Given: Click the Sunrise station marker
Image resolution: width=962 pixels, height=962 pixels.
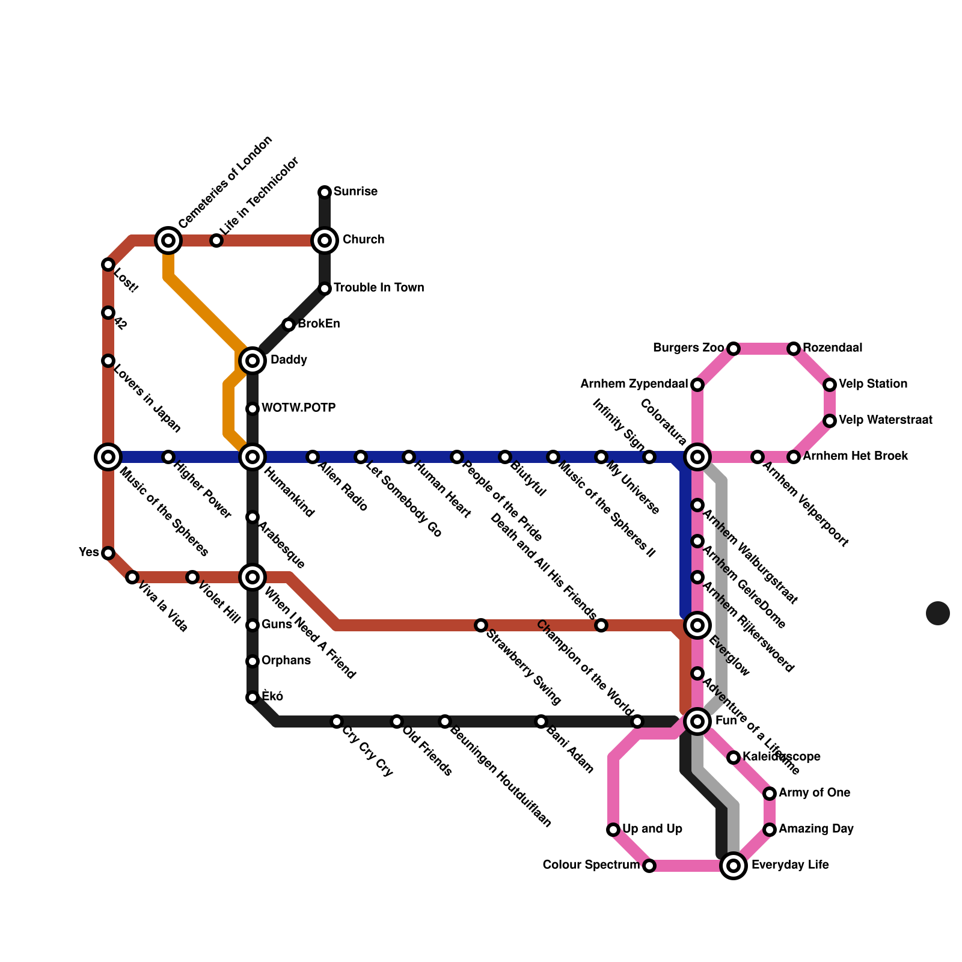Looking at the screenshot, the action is click(x=325, y=192).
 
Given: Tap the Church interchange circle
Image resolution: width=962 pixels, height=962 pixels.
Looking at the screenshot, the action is click(x=325, y=240).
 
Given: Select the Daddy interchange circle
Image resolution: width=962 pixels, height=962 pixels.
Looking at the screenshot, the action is click(x=253, y=361).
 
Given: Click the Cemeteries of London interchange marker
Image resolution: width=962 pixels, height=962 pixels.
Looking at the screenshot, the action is click(x=168, y=240).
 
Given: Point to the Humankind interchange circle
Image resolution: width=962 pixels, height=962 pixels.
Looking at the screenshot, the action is click(x=253, y=457).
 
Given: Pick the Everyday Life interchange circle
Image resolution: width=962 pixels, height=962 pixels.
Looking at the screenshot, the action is click(x=734, y=866).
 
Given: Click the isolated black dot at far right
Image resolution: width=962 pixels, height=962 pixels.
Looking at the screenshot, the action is click(x=938, y=613).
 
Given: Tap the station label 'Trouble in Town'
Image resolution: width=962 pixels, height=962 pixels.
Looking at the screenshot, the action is click(x=379, y=288).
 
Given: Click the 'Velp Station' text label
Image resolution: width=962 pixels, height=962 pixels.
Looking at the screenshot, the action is click(x=873, y=384).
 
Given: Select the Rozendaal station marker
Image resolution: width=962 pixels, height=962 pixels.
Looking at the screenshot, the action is click(x=794, y=349).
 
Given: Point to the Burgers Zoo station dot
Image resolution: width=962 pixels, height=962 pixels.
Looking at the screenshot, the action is click(x=734, y=349).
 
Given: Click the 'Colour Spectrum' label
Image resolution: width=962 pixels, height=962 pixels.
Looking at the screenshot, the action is click(x=590, y=865).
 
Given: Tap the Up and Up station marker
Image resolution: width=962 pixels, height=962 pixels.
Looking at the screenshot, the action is click(x=613, y=830).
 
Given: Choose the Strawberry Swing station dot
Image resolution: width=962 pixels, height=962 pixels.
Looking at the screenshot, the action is click(x=481, y=625).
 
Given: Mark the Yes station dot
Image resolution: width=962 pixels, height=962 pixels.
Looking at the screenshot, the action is click(x=108, y=553).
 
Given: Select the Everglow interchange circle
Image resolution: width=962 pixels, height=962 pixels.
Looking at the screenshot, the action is click(x=697, y=625).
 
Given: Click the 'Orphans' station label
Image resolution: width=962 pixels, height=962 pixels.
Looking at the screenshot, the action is click(x=286, y=661).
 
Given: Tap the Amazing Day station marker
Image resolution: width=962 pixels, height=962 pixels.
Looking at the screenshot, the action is click(x=770, y=830).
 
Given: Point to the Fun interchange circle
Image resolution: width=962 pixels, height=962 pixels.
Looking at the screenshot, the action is click(x=697, y=721).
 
